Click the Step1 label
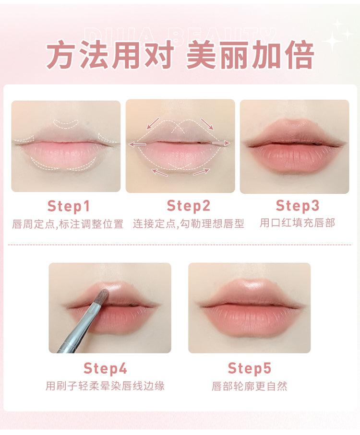click(x=68, y=206)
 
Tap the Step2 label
click(x=189, y=206)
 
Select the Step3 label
click(x=297, y=206)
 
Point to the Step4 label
click(x=105, y=368)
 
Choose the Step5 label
click(x=249, y=368)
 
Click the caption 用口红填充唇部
click(x=297, y=223)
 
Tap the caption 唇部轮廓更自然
click(x=249, y=386)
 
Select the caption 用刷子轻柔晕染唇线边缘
click(x=105, y=386)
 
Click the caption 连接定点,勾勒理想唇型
click(x=189, y=223)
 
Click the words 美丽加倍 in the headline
click(x=250, y=56)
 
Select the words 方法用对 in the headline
click(x=109, y=56)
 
